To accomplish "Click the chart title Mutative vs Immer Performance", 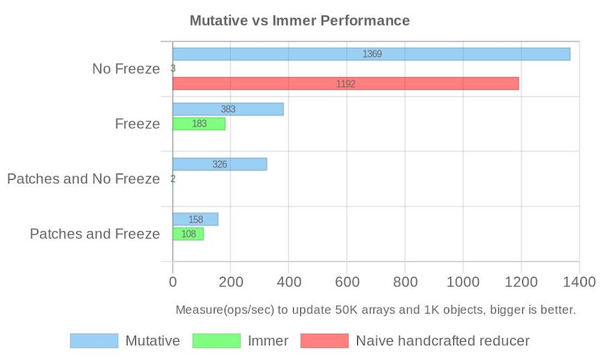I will pos(299,20).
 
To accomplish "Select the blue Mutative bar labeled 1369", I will pos(371,54).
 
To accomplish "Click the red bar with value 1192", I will pos(345,84).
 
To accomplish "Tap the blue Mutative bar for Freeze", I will pos(227,109).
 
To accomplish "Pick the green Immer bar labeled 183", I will pos(198,124).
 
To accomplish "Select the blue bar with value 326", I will pos(219,164).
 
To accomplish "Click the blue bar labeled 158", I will pos(195,219).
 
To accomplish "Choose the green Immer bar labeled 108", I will pos(188,234).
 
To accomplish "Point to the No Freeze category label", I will pos(126,69).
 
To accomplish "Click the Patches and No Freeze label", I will pos(83,179).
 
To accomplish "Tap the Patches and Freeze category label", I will pos(95,234).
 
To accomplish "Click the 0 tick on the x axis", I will pos(172,282).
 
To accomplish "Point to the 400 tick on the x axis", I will pos(289,282).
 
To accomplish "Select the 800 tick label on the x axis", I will pos(405,282).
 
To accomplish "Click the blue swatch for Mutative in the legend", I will pos(94,341).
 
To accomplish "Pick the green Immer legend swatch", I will pos(216,341).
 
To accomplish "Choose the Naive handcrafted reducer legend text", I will pos(442,341).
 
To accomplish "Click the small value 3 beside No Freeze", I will pos(173,69).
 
